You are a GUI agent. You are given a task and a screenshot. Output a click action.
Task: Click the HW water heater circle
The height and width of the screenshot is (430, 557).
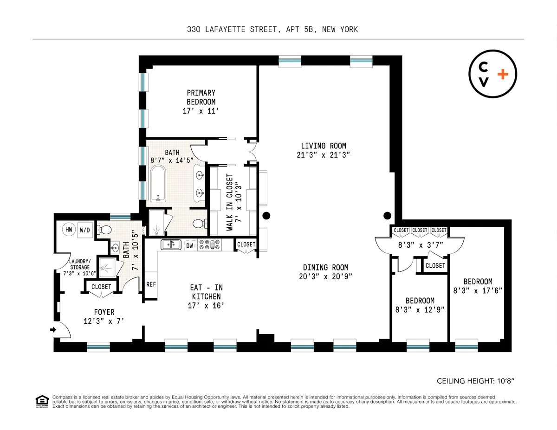[69, 230]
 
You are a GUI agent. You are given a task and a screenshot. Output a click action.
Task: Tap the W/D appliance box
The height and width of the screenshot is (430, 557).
[84, 230]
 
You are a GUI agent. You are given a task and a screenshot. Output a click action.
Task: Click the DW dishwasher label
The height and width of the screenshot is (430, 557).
[189, 245]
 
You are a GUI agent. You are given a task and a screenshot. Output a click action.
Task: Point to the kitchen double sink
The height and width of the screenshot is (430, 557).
[171, 244]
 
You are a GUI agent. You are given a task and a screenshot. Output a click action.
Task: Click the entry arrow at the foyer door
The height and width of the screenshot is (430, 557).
[52, 330]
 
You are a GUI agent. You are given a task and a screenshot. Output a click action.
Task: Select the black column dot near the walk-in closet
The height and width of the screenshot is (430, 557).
[266, 215]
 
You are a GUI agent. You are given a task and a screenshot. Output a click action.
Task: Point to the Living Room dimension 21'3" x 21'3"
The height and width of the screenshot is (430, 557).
[323, 155]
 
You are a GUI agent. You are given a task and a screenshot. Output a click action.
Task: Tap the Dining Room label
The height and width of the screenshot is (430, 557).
[325, 267]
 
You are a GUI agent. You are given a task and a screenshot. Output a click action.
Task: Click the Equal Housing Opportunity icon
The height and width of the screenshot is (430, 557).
[42, 401]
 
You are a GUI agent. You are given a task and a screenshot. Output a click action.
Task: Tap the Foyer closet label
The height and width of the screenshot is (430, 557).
[101, 287]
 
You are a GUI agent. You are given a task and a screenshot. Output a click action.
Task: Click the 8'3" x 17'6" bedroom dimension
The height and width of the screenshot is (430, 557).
[478, 291]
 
